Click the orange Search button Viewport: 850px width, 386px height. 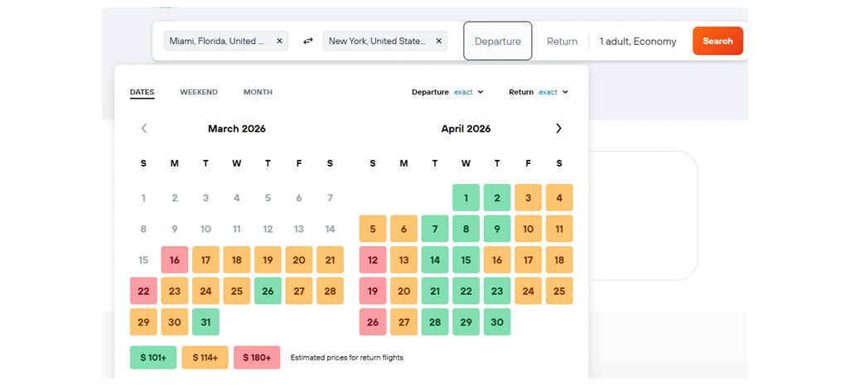[717, 41]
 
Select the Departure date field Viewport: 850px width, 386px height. [498, 41]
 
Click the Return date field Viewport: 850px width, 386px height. [562, 41]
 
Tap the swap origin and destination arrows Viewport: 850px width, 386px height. [307, 41]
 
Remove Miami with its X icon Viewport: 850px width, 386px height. [279, 41]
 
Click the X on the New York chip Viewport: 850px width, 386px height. [438, 41]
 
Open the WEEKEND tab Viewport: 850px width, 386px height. [199, 92]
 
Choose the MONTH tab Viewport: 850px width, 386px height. [258, 92]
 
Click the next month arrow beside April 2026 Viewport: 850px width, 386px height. [558, 128]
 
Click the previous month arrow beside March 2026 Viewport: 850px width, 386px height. [144, 128]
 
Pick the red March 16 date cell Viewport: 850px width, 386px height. [175, 260]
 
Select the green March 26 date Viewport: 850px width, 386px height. [268, 291]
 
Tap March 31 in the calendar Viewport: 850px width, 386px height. [205, 322]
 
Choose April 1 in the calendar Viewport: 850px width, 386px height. [466, 198]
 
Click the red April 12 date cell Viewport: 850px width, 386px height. [373, 260]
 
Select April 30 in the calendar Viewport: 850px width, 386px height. [497, 322]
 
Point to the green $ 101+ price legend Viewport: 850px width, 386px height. [153, 357]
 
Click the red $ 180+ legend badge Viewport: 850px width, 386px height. [257, 357]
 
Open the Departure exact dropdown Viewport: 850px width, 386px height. [468, 92]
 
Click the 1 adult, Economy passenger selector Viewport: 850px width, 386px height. [637, 41]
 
